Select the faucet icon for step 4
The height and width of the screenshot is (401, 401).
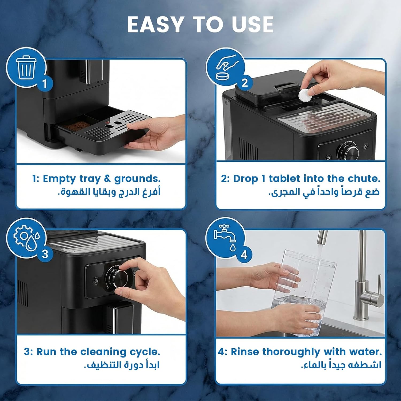click(x=225, y=237)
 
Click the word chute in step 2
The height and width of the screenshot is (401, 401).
click(x=364, y=179)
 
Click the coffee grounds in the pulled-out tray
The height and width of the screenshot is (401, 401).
click(x=75, y=126)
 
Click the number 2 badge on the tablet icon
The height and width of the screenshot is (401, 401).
click(x=244, y=83)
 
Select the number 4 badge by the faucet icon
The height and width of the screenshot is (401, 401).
click(x=244, y=255)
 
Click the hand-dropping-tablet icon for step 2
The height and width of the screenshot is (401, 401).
click(x=227, y=67)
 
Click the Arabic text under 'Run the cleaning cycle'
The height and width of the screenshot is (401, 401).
click(x=122, y=365)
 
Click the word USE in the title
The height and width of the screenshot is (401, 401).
click(x=253, y=25)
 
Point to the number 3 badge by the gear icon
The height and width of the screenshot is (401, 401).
click(x=45, y=253)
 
